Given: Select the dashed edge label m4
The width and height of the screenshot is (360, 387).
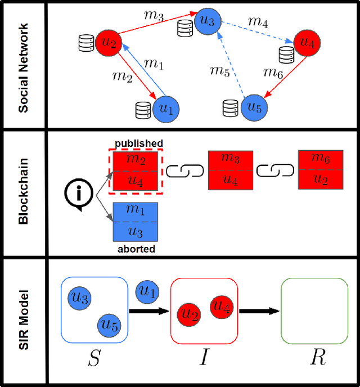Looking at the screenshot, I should coord(258,22).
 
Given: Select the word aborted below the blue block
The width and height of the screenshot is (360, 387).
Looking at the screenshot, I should coord(136,248).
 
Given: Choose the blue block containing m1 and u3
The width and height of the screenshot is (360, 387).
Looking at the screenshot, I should coord(136,222).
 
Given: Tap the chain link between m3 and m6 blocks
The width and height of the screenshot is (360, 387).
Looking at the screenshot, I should coord(276,170).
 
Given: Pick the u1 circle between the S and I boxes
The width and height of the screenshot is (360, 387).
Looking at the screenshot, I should coord(147,291).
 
